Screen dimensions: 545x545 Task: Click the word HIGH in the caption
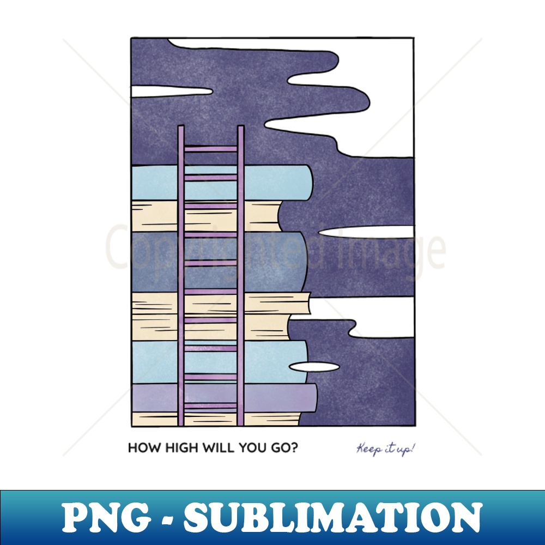point(182,447)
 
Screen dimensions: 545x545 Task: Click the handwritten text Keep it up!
point(385,450)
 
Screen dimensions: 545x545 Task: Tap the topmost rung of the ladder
point(210,149)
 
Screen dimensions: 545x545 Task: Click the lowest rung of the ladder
point(210,405)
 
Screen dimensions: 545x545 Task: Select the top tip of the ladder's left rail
point(181,126)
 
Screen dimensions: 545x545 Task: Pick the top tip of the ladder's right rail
point(241,126)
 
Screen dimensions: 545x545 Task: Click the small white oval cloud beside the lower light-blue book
point(314,367)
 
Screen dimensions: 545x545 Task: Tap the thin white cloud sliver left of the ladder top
point(172,92)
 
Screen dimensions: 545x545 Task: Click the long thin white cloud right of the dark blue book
point(366,232)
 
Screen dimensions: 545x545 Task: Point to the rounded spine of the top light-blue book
point(307,182)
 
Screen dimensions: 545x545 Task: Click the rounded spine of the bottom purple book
point(312,398)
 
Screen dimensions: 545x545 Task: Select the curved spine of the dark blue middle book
point(302,262)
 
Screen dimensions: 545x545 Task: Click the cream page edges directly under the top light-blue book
point(205,216)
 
